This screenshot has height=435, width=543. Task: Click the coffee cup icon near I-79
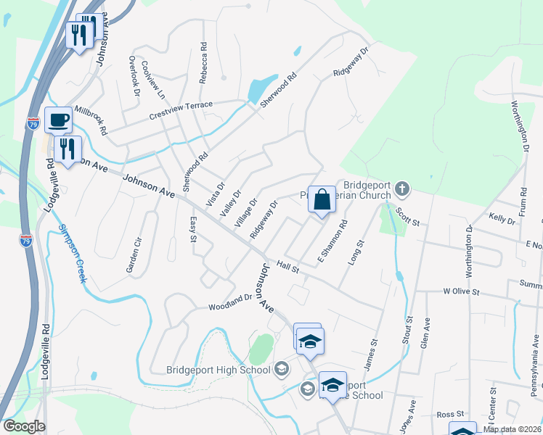click(x=58, y=120)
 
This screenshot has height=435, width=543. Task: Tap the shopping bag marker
click(x=322, y=199)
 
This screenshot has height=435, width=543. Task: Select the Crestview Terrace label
click(x=181, y=110)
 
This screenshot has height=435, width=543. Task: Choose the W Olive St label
click(x=462, y=291)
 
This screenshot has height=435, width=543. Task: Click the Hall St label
click(x=287, y=268)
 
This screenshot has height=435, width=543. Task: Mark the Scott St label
click(x=408, y=215)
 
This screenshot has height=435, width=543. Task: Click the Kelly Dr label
click(x=502, y=217)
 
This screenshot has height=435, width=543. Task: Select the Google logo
click(x=24, y=426)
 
